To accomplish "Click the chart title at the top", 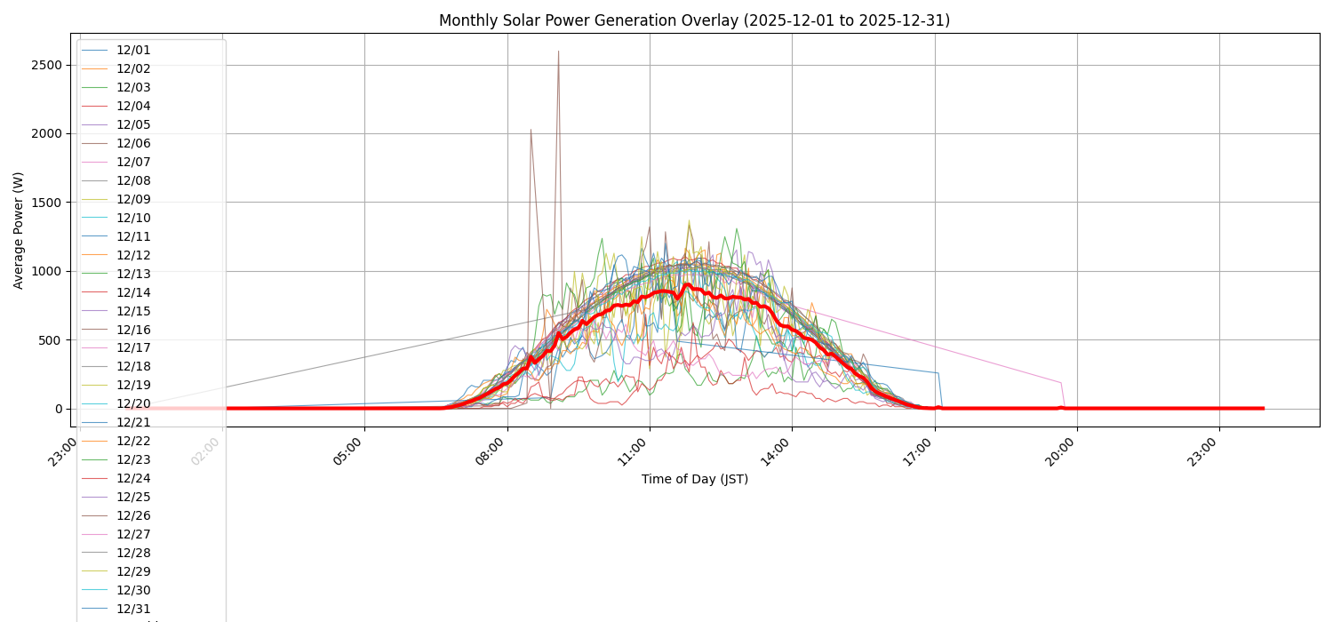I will click(694, 20).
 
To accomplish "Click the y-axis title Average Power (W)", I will click(19, 230).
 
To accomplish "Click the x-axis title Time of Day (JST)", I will click(694, 480).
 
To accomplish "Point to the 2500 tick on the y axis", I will click(44, 65).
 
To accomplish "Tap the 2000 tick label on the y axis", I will click(44, 133).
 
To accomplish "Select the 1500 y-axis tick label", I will click(44, 203).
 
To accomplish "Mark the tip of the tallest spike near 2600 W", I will click(558, 52).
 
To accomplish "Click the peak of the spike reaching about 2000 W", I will click(531, 130).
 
